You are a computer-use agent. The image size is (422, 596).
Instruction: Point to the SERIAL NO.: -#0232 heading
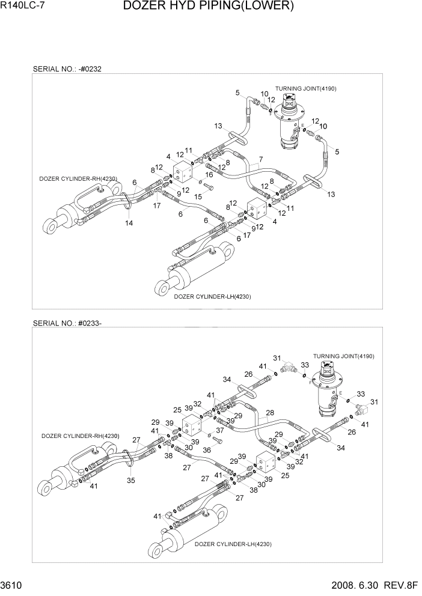pos(67,69)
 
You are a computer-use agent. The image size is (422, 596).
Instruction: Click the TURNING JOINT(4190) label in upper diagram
pos(305,88)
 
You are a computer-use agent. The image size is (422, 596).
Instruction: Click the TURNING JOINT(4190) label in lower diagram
pos(343,356)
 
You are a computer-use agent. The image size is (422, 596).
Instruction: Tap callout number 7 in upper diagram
pos(261,159)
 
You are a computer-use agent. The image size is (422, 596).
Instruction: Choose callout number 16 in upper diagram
pos(210,174)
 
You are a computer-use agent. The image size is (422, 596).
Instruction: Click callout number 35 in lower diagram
pos(130,481)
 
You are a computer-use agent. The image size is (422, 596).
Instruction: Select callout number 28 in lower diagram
pos(270,413)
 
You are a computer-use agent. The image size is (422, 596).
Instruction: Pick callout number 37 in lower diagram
pos(220,430)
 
